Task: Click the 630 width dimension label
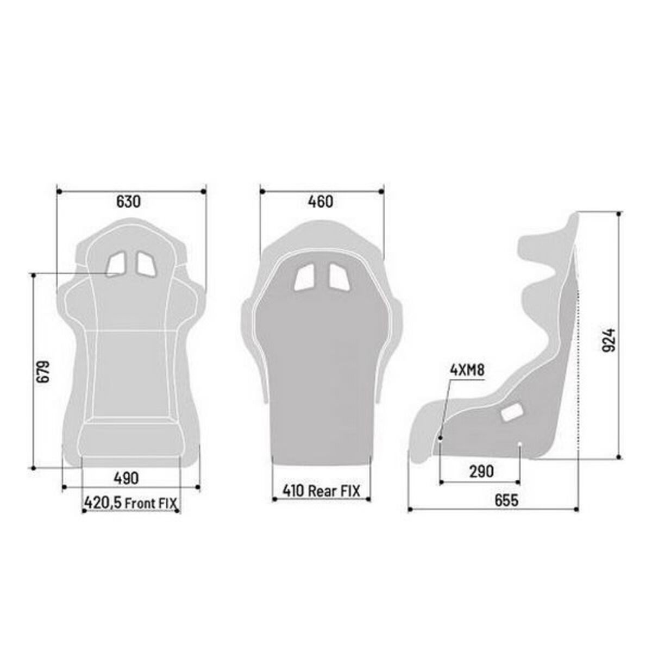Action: pyautogui.click(x=128, y=202)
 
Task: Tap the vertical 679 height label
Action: pyautogui.click(x=43, y=371)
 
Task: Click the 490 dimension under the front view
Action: pyautogui.click(x=126, y=478)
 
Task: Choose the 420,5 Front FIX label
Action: pyautogui.click(x=130, y=503)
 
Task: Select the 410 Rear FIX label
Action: pyautogui.click(x=321, y=491)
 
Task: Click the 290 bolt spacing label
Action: pyautogui.click(x=481, y=471)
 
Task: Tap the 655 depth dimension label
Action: pyautogui.click(x=506, y=500)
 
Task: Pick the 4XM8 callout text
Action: pyautogui.click(x=467, y=371)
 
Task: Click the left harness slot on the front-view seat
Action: pyautogui.click(x=116, y=264)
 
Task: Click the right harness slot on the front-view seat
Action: pyautogui.click(x=146, y=264)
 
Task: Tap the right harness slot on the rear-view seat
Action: pyautogui.click(x=338, y=278)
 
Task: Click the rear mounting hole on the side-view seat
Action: pyautogui.click(x=520, y=446)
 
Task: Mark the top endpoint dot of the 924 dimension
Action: pyautogui.click(x=618, y=214)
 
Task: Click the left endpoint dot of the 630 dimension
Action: pyautogui.click(x=57, y=191)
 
